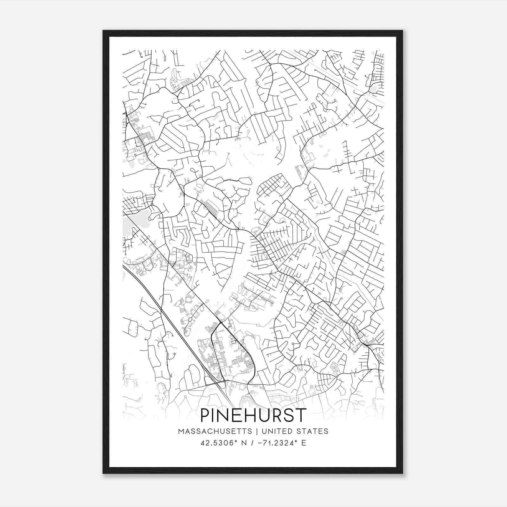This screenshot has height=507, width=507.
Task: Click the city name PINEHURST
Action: point(253,415)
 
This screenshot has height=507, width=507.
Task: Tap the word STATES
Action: point(314,431)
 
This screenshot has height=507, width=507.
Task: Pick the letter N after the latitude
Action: point(244,443)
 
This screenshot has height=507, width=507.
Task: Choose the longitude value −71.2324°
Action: point(279,443)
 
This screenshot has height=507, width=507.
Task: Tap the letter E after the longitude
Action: point(304,443)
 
